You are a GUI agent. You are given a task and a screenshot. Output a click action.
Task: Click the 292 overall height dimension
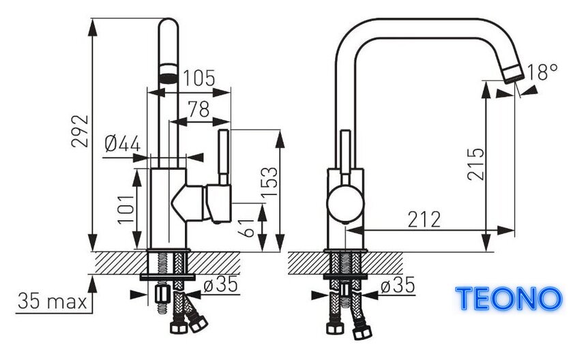[80, 131]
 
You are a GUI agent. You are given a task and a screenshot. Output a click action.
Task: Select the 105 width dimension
[199, 78]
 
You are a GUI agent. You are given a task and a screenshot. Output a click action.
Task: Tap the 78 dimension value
[199, 109]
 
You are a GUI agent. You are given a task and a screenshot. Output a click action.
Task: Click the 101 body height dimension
[126, 209]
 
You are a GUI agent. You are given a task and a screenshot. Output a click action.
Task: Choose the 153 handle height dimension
[269, 181]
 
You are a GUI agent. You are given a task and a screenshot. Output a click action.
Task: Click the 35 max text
[53, 301]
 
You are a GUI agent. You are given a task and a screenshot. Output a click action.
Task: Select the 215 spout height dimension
[475, 164]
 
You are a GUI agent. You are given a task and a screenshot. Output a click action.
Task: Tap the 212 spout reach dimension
[424, 220]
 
